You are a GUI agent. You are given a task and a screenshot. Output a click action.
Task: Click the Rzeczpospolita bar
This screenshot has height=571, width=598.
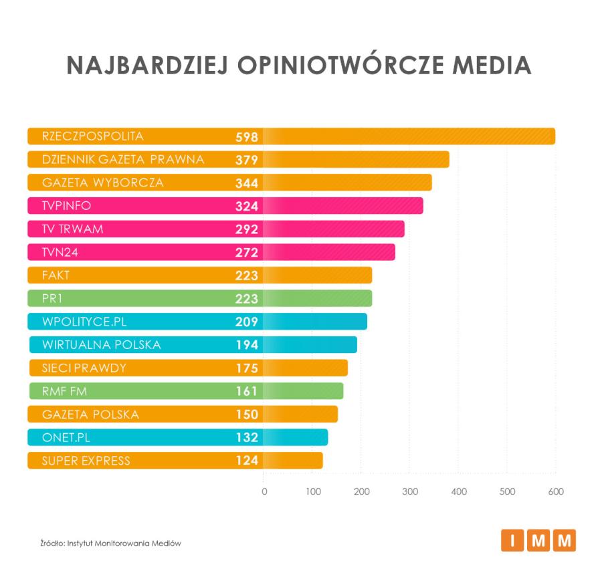click(291, 136)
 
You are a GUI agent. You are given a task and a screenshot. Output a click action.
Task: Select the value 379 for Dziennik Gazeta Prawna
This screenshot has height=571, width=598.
click(247, 160)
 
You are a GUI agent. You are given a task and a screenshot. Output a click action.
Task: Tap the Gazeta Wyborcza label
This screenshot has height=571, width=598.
click(102, 183)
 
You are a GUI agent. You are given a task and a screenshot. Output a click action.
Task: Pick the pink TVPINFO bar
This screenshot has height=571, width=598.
click(225, 206)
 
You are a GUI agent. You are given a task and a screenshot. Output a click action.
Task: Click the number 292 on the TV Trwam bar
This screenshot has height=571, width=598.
click(247, 229)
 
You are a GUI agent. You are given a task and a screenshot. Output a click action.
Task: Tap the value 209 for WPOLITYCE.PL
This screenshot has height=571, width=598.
click(247, 322)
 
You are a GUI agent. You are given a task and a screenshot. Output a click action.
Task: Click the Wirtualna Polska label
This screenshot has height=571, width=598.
click(101, 345)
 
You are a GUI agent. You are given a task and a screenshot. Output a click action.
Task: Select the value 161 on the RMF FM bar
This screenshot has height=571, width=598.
click(247, 391)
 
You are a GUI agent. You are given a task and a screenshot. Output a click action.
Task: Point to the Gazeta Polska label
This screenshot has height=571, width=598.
click(90, 415)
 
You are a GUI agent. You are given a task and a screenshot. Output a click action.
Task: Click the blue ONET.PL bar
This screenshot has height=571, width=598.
click(178, 437)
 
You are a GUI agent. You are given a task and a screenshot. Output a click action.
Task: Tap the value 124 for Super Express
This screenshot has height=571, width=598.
click(247, 461)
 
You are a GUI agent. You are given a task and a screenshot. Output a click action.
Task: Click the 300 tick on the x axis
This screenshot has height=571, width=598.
click(409, 492)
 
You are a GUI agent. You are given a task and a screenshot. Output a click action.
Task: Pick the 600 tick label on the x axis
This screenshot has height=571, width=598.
click(555, 492)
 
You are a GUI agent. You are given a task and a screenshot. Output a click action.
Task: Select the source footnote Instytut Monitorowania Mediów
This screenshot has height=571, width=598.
click(111, 543)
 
